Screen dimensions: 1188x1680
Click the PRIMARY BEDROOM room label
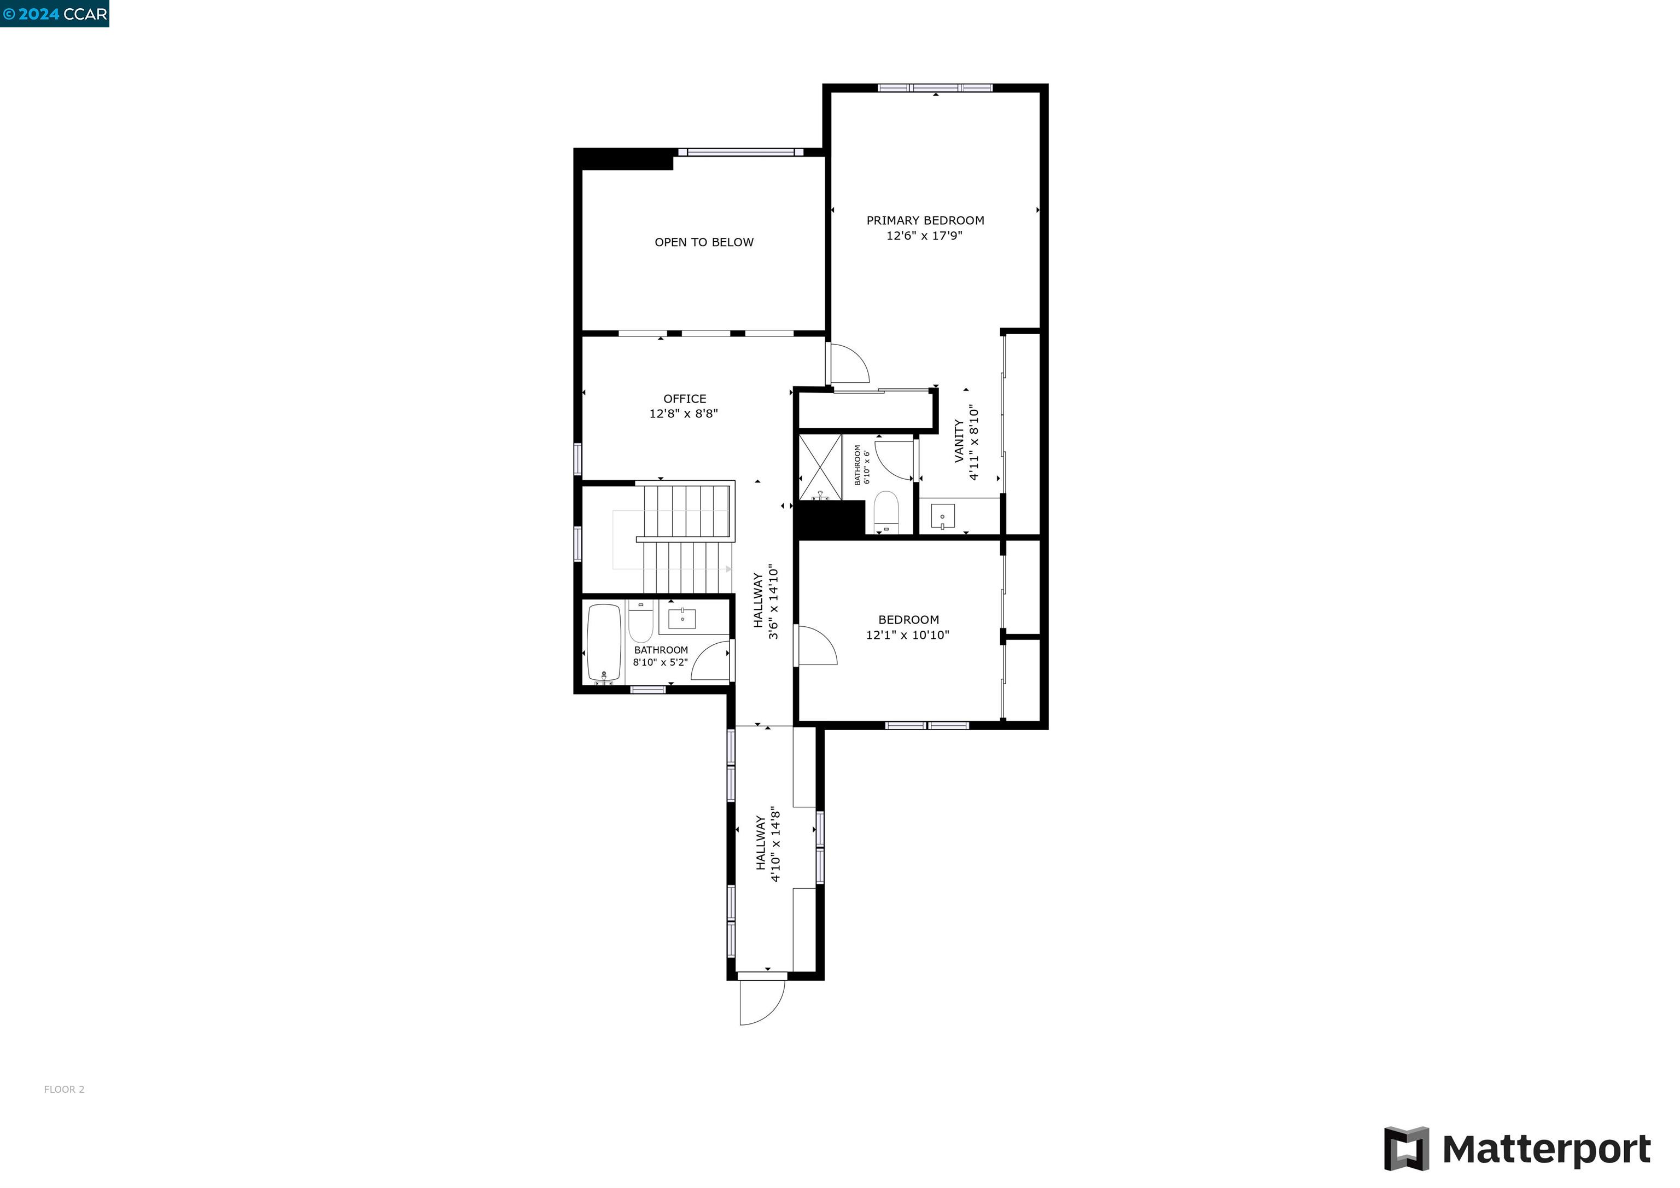925,220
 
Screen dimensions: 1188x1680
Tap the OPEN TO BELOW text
703,242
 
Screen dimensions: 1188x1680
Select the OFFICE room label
684,399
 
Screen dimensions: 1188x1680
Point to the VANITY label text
959,441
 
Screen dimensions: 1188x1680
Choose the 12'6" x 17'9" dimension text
924,236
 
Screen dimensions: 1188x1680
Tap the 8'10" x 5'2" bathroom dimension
660,662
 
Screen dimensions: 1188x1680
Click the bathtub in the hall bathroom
604,643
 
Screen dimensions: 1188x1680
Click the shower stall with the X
820,467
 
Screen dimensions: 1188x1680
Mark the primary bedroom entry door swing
849,364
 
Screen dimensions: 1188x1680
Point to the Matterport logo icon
1405,1149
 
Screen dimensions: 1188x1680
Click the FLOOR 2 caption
65,1089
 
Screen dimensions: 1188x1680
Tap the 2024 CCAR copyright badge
55,14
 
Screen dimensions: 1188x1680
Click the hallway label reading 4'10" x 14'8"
768,846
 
